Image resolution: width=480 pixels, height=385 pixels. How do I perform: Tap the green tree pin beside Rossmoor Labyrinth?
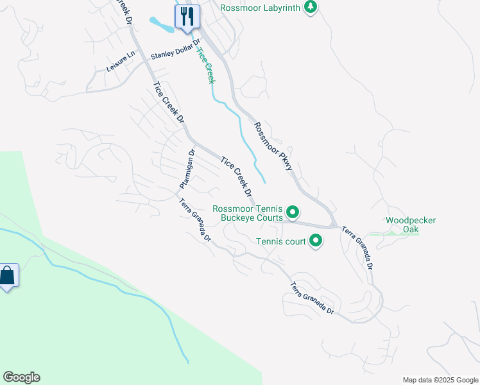(311, 8)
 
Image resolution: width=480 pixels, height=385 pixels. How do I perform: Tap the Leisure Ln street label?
(121, 62)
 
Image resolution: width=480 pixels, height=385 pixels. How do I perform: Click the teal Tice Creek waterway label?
(205, 65)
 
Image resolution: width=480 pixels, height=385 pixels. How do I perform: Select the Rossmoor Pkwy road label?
(273, 146)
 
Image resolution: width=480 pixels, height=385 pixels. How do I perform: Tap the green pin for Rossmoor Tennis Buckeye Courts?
(293, 212)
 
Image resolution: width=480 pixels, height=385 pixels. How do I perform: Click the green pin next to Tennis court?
(316, 241)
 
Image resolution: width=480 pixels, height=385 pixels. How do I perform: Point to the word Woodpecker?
(411, 220)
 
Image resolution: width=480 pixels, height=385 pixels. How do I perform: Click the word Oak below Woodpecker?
(411, 229)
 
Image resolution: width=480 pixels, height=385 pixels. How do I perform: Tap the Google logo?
(21, 377)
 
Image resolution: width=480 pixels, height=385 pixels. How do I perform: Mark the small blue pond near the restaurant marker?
(162, 24)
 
